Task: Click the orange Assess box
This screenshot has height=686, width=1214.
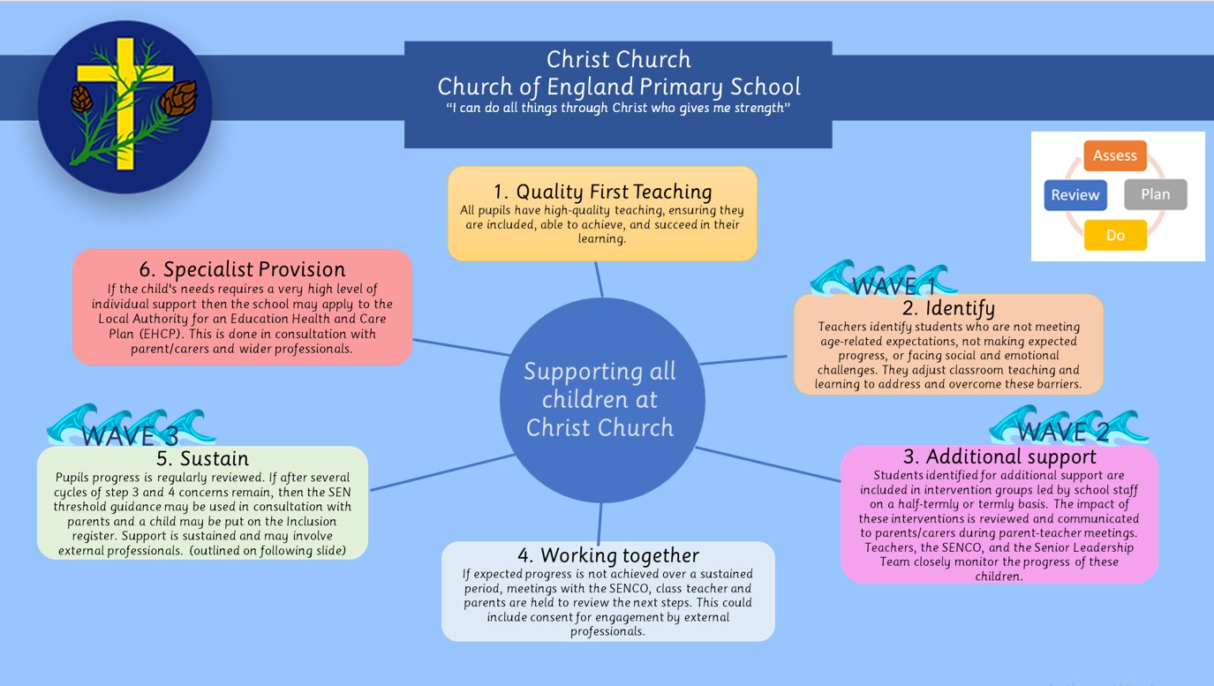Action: click(1114, 155)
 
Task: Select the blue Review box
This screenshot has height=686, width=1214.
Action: click(1075, 195)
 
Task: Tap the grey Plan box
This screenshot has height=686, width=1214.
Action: click(1155, 194)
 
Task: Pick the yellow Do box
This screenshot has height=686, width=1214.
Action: click(1114, 236)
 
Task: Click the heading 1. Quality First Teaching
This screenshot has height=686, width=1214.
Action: click(602, 192)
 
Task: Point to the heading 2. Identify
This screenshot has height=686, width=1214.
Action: click(948, 308)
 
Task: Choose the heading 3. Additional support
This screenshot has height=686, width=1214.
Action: click(999, 456)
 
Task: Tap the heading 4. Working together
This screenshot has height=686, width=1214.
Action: click(607, 555)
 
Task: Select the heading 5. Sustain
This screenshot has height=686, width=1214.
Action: click(202, 458)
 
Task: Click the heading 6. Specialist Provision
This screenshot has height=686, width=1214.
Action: click(242, 269)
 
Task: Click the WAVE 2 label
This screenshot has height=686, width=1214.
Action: click(1063, 432)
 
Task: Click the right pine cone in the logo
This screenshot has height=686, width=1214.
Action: click(179, 96)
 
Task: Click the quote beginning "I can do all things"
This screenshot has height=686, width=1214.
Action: click(618, 108)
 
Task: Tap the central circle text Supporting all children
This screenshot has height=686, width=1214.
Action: click(600, 399)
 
